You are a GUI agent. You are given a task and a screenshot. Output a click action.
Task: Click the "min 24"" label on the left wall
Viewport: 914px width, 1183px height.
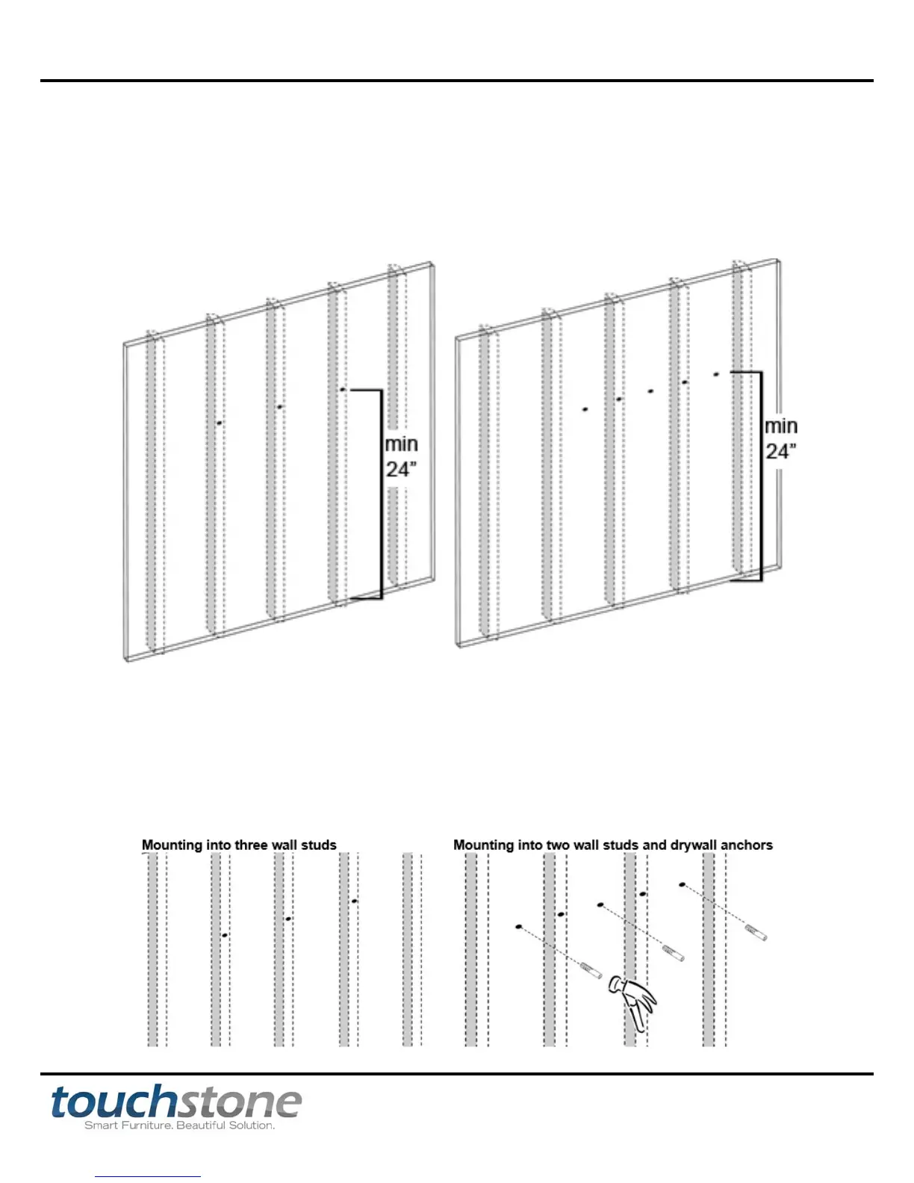(401, 456)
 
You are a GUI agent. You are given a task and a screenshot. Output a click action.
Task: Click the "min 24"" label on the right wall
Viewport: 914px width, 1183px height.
(780, 438)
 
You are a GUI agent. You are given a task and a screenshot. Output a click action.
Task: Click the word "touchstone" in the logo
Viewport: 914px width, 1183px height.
(176, 1102)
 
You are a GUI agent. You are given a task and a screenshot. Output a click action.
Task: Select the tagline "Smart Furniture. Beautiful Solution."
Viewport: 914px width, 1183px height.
(179, 1125)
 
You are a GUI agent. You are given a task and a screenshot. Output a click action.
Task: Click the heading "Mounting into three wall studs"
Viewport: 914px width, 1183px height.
(239, 845)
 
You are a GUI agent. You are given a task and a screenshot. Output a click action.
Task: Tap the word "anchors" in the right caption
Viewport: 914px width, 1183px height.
(747, 845)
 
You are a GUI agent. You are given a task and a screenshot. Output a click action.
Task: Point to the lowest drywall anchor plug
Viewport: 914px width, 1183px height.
(591, 970)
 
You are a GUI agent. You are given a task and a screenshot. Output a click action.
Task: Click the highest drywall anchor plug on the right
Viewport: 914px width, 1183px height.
(756, 932)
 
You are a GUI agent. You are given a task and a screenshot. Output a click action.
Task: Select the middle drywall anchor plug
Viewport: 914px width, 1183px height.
(674, 953)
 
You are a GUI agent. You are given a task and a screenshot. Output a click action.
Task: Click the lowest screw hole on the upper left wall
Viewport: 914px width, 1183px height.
(219, 423)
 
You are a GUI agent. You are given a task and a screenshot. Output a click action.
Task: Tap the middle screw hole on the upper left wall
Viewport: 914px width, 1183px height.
(279, 407)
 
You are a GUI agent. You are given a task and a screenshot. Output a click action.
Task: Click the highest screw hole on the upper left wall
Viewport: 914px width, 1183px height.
(342, 389)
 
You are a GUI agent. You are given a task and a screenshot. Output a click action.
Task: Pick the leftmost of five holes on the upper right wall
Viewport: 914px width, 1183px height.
(585, 409)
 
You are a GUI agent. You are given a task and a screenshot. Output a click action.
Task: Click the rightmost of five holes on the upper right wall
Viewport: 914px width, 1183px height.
(715, 373)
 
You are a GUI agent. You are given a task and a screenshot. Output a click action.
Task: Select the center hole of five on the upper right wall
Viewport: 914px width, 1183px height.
(650, 391)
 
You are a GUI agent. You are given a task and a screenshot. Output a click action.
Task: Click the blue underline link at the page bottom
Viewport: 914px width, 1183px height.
(148, 1176)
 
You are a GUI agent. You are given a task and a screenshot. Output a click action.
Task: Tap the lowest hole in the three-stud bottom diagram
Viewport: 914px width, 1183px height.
(225, 935)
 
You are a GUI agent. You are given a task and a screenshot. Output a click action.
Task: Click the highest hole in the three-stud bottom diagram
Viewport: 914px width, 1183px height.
(355, 901)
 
